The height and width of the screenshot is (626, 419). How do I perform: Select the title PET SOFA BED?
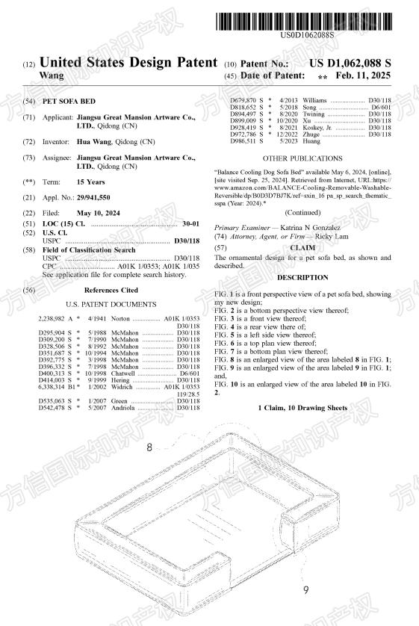tap(69, 101)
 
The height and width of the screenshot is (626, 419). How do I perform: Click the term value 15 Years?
tap(90, 182)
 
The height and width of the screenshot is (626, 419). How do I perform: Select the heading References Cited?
tap(111, 290)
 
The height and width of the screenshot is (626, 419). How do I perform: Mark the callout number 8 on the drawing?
tap(149, 447)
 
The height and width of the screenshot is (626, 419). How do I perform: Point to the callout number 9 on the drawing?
tap(305, 590)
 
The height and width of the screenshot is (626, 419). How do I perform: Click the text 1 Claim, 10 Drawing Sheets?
tap(302, 408)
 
